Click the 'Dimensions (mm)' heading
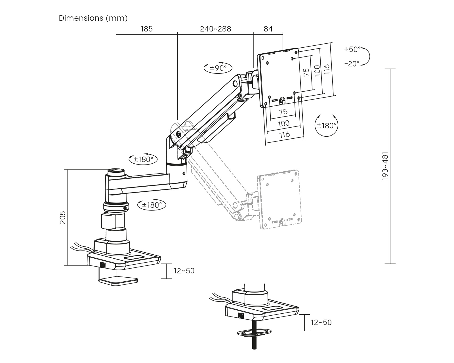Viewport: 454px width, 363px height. coord(93,18)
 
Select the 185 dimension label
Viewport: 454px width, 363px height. coord(146,29)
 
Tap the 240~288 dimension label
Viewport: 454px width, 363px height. coord(216,29)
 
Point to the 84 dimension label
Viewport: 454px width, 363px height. coord(268,29)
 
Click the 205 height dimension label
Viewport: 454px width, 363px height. coord(63,217)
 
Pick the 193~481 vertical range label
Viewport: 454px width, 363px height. coord(385,166)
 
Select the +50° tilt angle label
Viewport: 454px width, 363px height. coord(352,49)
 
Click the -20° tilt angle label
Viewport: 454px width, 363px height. coord(352,64)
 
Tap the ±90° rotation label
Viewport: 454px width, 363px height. coord(218,68)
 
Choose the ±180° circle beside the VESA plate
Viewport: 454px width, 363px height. coord(327,125)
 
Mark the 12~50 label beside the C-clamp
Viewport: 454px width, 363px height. coord(184,271)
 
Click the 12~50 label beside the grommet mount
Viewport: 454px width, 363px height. coord(321,322)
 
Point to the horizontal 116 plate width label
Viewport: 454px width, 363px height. coord(284,134)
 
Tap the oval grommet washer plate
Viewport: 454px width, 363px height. coord(255,332)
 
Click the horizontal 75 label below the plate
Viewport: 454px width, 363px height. coord(283,112)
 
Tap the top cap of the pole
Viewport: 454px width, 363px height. coord(116,171)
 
